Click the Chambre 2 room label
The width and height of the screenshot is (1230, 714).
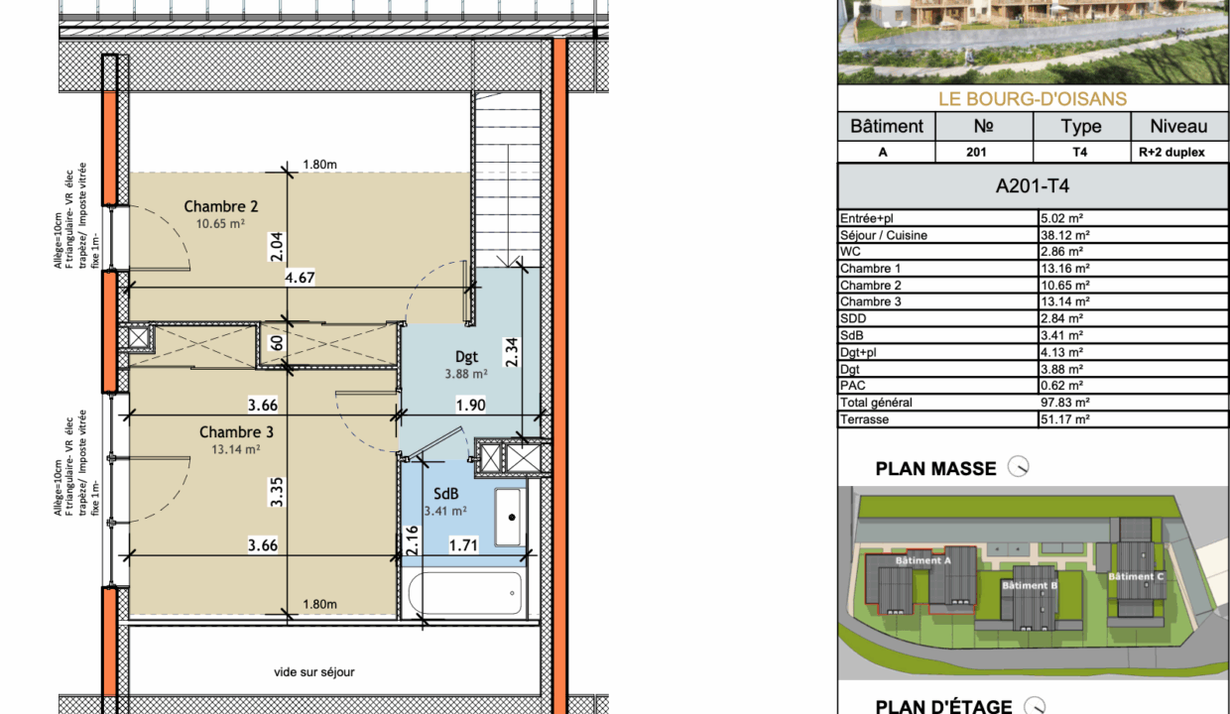point(221,206)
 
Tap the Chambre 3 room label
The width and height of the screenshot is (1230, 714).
point(236,432)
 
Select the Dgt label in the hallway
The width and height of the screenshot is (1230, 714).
point(467,357)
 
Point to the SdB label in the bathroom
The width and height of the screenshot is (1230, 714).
point(446,494)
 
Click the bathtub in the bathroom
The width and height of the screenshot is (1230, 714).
point(465,593)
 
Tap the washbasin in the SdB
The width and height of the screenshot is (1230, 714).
point(508,517)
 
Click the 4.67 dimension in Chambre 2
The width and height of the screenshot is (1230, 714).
point(300,278)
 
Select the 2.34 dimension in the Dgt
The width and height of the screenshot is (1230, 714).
point(511,352)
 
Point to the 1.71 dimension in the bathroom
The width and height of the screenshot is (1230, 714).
point(463,545)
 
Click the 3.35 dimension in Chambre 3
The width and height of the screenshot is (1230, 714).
point(276,492)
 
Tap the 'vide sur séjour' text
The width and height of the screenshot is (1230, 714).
point(314,671)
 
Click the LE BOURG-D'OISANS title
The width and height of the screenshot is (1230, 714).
point(1033,99)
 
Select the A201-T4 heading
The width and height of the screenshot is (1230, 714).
point(1033,186)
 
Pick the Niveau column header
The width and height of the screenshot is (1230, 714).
point(1178,126)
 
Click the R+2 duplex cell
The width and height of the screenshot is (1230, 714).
point(1171,152)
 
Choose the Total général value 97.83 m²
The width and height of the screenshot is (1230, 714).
point(1065,403)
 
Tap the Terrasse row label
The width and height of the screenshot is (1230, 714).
point(864,419)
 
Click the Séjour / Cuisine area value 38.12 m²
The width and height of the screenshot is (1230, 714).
point(1065,235)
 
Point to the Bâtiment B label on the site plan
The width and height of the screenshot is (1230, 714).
point(1030,585)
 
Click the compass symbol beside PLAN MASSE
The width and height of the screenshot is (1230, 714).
point(1018,467)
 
